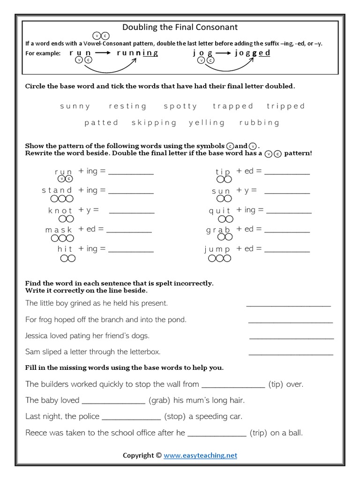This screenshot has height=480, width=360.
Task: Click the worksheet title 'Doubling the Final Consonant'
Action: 180,27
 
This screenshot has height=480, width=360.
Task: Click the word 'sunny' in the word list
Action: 75,106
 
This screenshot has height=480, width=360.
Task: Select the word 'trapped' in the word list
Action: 233,106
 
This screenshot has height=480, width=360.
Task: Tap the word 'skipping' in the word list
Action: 154,123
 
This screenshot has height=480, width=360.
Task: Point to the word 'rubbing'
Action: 259,123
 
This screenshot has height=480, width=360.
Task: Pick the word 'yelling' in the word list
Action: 207,123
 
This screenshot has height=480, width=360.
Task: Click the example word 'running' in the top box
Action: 137,53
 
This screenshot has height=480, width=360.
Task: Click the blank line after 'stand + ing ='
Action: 131,192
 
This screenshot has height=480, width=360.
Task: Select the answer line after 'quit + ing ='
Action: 289,211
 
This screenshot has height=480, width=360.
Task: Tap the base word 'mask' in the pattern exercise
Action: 59,230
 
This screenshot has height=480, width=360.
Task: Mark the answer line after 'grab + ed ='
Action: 287,231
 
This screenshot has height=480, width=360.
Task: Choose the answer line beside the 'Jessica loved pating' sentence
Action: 291,337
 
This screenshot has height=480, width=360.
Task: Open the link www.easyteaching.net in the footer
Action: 200,455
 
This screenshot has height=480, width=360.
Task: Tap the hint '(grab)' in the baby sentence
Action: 160,400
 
